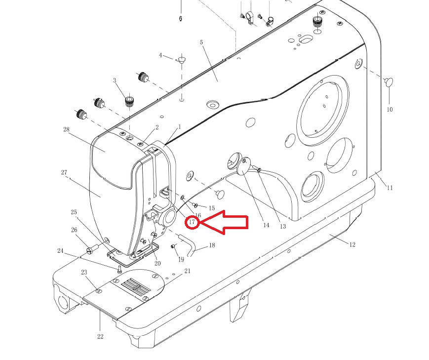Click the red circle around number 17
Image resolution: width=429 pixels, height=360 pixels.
coord(192,223)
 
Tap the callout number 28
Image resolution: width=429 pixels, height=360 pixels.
coord(66,129)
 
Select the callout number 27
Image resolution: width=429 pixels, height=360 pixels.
coord(64,172)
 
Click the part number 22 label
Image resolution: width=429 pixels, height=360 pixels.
coord(100,336)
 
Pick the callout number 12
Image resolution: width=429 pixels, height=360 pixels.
coord(352,244)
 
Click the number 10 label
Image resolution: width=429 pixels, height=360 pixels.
coord(390,110)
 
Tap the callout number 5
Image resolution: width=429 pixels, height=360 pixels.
coord(201,42)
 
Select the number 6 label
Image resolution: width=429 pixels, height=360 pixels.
coord(181,19)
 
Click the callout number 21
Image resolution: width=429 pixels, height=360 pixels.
coord(188,271)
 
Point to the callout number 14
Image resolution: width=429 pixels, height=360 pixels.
coord(266,225)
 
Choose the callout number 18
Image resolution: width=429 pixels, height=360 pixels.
coord(212,245)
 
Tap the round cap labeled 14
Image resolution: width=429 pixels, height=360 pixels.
coord(243,167)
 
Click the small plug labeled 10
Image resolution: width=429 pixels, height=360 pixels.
coord(389,82)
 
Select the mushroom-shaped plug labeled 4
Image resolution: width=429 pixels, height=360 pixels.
coord(181,59)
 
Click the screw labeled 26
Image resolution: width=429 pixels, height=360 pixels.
coord(92,249)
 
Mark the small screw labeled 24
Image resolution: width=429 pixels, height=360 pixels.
coord(119,269)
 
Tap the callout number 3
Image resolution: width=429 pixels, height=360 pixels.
coord(115,80)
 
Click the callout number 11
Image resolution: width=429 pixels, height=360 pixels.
coord(390,188)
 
